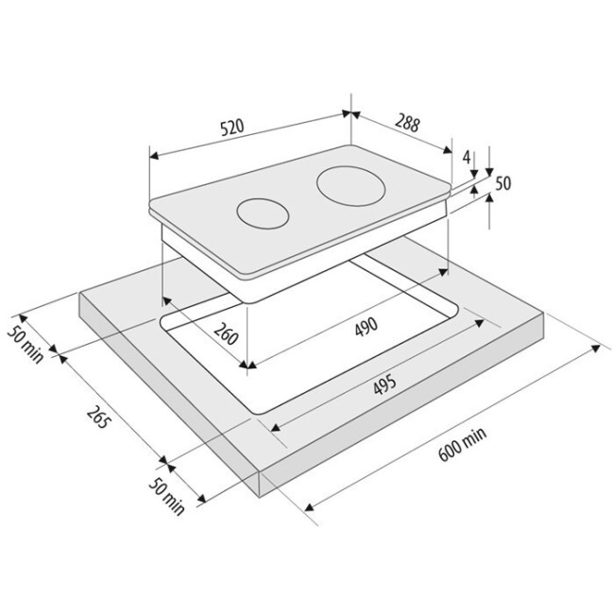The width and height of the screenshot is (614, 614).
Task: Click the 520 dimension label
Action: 232,127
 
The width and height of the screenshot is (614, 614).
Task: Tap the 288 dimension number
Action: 407,122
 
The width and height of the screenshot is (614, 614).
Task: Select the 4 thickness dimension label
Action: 466,157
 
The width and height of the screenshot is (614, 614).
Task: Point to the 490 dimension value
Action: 367,327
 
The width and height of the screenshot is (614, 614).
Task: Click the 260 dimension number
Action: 226,333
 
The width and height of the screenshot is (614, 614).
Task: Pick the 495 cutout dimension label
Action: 384,384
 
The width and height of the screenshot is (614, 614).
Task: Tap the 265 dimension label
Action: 96,418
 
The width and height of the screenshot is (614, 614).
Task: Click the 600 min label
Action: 462,443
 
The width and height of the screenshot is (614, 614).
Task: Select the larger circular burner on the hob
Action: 351,186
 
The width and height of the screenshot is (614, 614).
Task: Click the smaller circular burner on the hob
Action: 263,213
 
